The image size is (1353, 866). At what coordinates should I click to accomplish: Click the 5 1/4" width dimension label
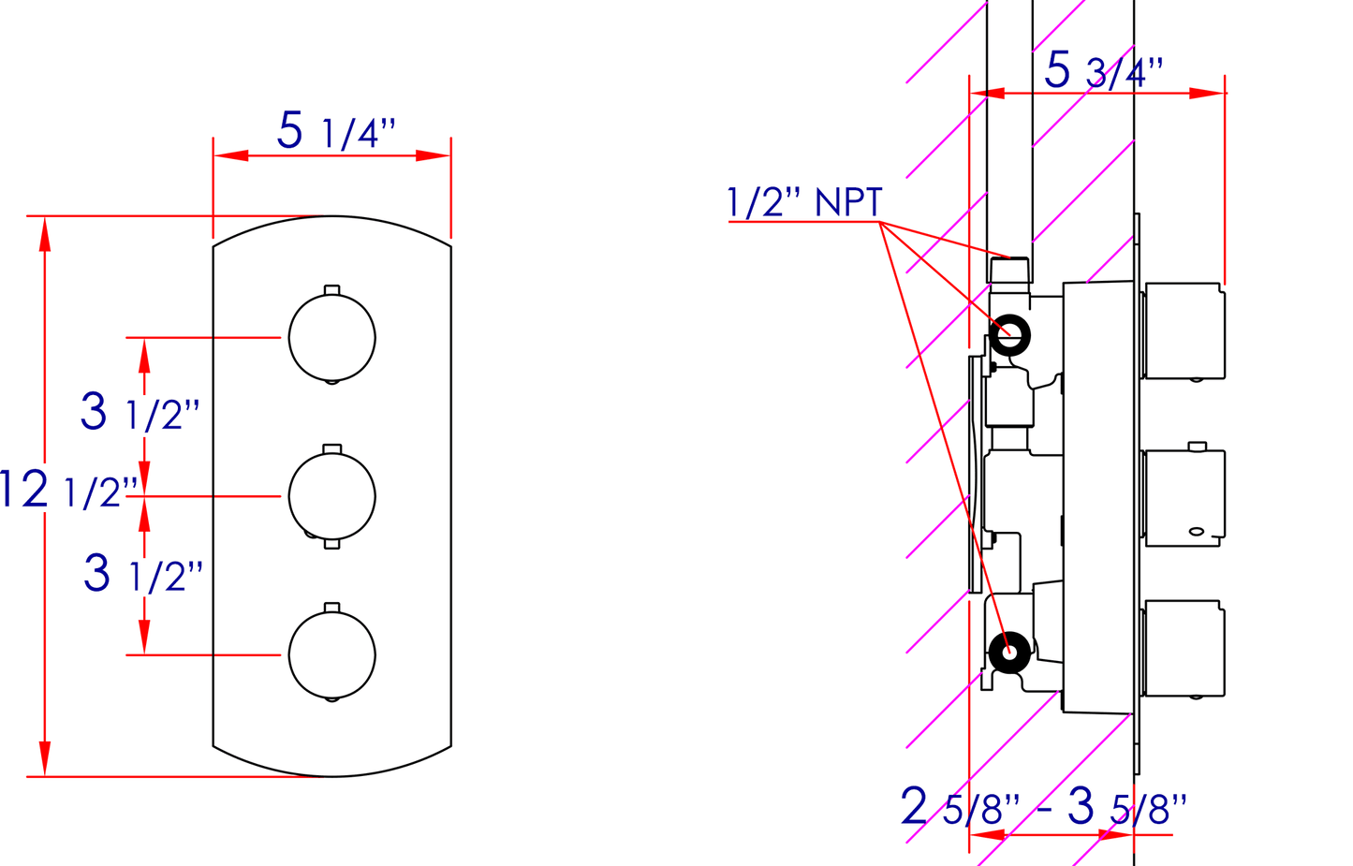[x=336, y=132]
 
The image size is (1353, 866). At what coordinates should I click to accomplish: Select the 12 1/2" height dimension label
[x=67, y=490]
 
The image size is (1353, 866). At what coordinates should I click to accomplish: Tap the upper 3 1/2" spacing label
[x=140, y=412]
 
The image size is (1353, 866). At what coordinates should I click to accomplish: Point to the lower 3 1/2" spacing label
[x=142, y=574]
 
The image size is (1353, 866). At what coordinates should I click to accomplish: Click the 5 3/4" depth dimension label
[x=1103, y=71]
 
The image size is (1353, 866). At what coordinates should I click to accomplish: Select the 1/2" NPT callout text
[x=804, y=202]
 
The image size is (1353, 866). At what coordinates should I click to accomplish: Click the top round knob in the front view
[x=332, y=338]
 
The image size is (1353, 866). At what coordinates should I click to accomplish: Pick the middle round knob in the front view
[x=332, y=496]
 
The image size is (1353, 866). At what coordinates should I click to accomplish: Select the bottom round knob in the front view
[x=332, y=655]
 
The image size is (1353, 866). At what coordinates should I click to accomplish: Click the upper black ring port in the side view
[x=1009, y=334]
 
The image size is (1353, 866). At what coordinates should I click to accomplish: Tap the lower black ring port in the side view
[x=1009, y=653]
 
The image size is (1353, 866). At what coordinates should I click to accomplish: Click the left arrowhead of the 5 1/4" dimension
[x=230, y=155]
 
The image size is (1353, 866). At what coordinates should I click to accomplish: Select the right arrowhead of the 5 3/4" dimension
[x=1207, y=94]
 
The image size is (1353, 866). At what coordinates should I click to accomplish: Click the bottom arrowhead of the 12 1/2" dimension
[x=44, y=758]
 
